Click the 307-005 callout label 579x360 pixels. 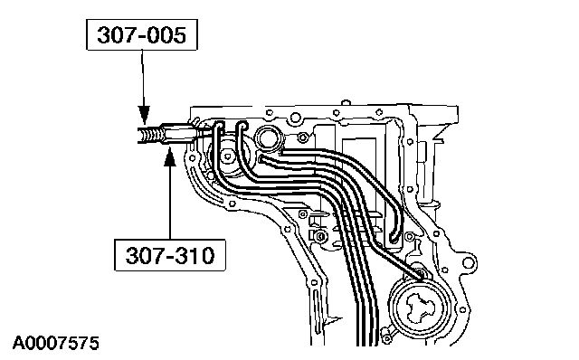tap(142, 34)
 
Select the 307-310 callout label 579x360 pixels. tap(170, 255)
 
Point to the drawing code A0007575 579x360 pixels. tap(56, 343)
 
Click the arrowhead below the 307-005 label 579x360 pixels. tap(144, 114)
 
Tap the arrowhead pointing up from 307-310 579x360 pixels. tap(169, 156)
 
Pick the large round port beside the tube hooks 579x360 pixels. tap(271, 139)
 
